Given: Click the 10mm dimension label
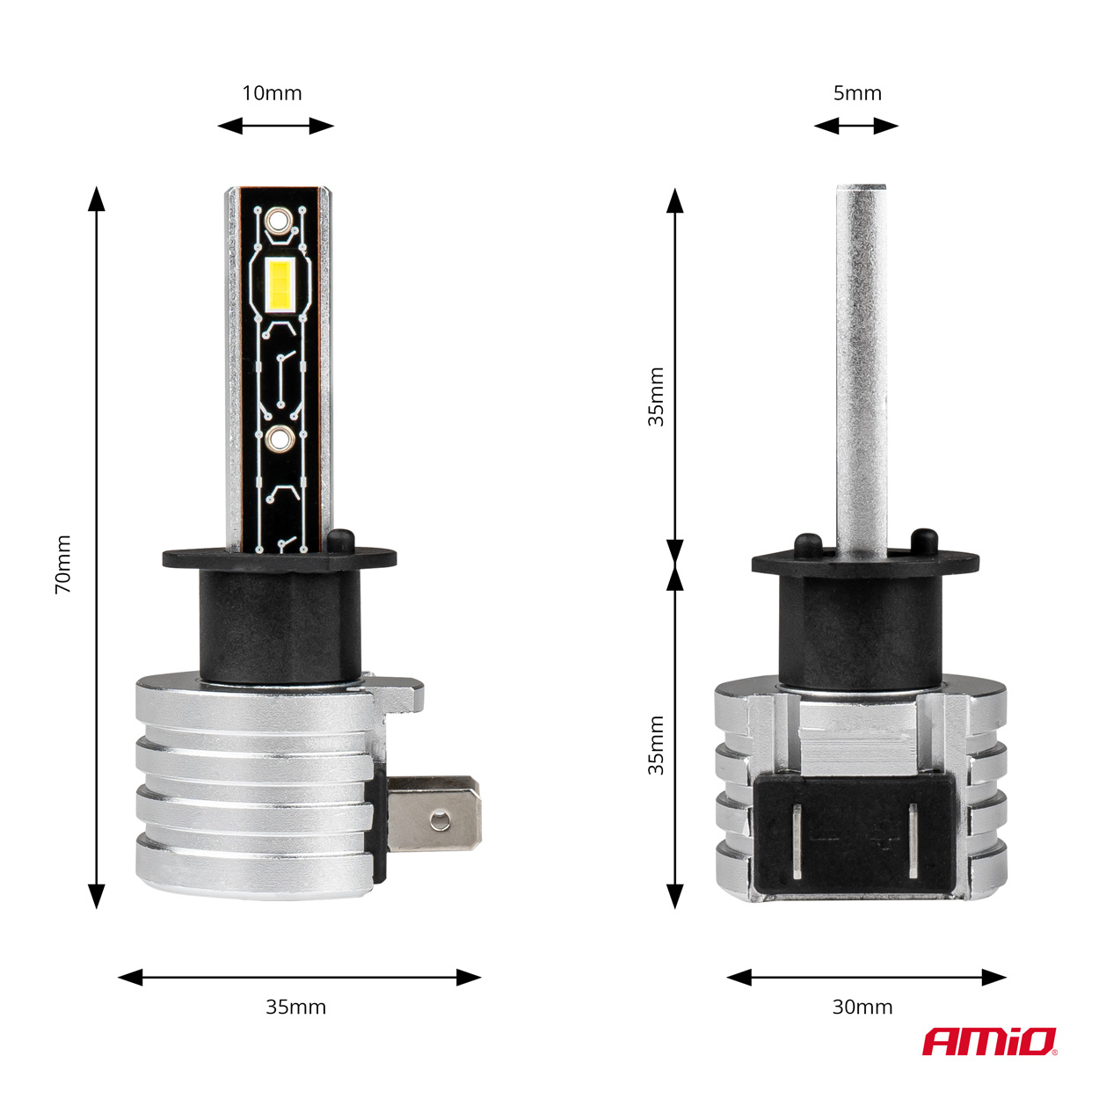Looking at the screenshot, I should pyautogui.click(x=272, y=93).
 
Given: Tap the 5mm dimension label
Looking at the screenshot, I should pyautogui.click(x=856, y=93).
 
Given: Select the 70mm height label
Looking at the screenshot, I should pyautogui.click(x=63, y=564).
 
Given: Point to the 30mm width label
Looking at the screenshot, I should pyautogui.click(x=862, y=1007).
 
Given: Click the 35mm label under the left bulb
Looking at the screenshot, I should pyautogui.click(x=295, y=1007).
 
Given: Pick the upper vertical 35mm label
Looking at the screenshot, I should pyautogui.click(x=656, y=397).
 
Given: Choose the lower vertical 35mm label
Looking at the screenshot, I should pyautogui.click(x=656, y=746).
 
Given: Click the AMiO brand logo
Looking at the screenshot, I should pyautogui.click(x=989, y=1041).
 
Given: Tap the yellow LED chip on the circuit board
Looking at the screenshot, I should pyautogui.click(x=279, y=283).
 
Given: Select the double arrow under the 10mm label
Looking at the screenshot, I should pyautogui.click(x=276, y=126).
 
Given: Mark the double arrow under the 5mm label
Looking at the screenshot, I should pyautogui.click(x=855, y=126).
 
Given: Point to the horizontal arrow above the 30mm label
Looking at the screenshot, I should pyautogui.click(x=866, y=977).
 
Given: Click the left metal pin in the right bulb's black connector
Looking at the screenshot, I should pyautogui.click(x=796, y=841).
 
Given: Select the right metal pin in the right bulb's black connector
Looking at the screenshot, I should pyautogui.click(x=913, y=841).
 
